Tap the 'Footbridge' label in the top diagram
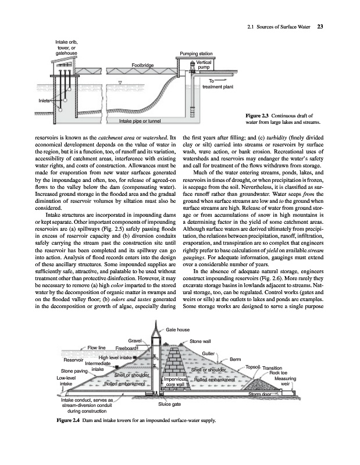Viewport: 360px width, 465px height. click(x=142, y=65)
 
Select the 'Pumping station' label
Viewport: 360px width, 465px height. click(x=198, y=53)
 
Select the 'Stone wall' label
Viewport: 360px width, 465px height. click(x=200, y=341)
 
